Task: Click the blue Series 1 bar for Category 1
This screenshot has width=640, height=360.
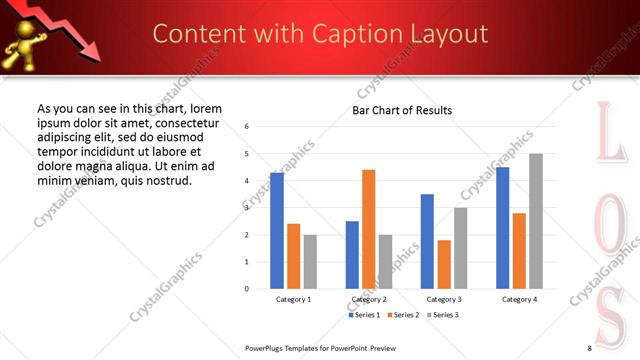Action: tap(277, 230)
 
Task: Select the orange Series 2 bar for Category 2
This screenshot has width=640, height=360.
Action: tap(368, 229)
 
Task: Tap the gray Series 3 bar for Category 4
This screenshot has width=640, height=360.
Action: tap(536, 221)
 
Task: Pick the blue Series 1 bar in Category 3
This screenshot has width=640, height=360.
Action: tap(427, 241)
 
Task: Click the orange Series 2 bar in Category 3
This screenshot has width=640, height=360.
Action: tap(444, 264)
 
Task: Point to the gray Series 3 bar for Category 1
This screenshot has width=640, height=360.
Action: tap(310, 261)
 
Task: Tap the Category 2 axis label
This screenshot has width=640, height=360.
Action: tap(369, 299)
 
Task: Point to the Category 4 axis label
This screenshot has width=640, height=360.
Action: tap(519, 299)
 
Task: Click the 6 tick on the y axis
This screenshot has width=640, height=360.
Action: tap(247, 127)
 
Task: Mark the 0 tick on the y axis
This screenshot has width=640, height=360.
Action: tap(247, 289)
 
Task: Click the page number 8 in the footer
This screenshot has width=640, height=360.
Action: tap(589, 347)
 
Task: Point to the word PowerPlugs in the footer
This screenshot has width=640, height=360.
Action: tap(266, 347)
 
